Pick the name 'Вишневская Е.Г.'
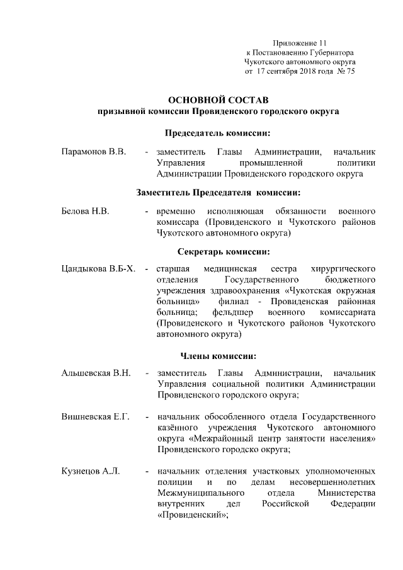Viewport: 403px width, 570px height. pos(95,418)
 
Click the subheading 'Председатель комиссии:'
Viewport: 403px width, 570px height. pos(218,134)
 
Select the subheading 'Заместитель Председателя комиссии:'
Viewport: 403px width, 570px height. pos(218,192)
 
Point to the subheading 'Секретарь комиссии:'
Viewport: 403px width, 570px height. pos(218,252)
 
